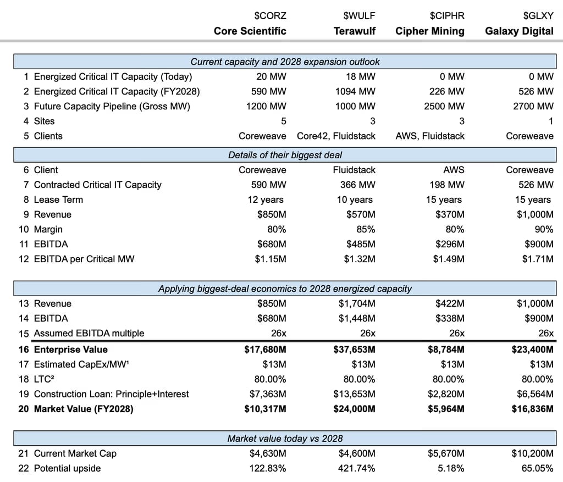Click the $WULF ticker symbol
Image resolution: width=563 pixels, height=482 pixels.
[359, 15]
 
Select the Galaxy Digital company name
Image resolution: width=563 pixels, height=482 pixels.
[519, 31]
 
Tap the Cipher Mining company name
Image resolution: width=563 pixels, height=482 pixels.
[429, 31]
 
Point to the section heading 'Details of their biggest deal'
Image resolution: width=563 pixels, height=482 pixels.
[285, 155]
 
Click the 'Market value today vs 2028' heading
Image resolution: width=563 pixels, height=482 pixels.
[285, 438]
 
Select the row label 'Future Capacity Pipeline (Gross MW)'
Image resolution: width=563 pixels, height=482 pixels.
[112, 106]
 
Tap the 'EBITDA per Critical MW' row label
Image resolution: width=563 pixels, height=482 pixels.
[84, 259]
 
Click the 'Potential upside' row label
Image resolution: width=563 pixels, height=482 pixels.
[67, 468]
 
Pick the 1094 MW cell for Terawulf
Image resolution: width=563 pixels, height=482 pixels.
[355, 91]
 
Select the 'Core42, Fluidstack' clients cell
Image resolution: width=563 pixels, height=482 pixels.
[336, 136]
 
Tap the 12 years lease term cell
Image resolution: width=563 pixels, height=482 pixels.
[267, 200]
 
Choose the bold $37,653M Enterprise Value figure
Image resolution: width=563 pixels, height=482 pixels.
[354, 350]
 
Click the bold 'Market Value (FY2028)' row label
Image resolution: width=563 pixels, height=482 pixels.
[84, 408]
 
